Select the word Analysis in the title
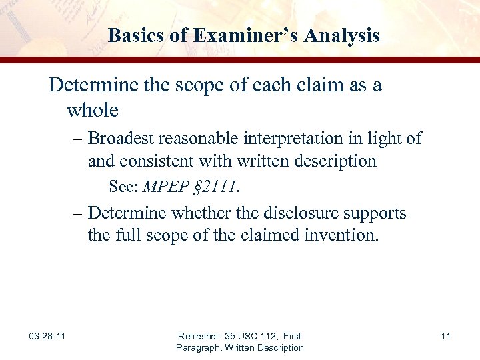pos(344,35)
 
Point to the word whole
pos(92,109)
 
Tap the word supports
pos(378,213)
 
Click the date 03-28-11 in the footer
pos(47,336)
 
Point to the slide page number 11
pos(445,336)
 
